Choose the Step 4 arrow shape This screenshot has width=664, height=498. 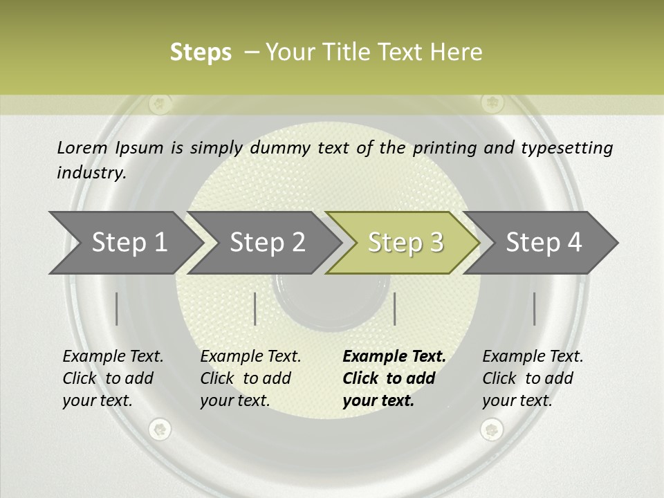(x=543, y=243)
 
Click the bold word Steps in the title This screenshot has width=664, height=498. (x=201, y=53)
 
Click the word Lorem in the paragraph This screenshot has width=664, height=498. (x=82, y=147)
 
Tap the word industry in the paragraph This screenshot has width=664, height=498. (x=91, y=173)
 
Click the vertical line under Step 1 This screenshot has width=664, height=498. (x=117, y=308)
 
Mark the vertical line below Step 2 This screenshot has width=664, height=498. (x=255, y=308)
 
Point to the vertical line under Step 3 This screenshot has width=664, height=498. (x=394, y=308)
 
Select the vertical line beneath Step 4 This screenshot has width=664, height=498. (x=534, y=308)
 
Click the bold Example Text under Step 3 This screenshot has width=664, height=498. (x=394, y=357)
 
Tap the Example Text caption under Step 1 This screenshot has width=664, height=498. (x=113, y=357)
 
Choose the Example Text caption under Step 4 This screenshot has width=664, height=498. (x=533, y=357)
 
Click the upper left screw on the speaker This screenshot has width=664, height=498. (x=160, y=104)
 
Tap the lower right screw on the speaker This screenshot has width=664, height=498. (x=491, y=430)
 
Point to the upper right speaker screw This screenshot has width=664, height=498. (x=492, y=104)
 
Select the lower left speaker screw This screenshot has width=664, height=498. (x=160, y=430)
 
